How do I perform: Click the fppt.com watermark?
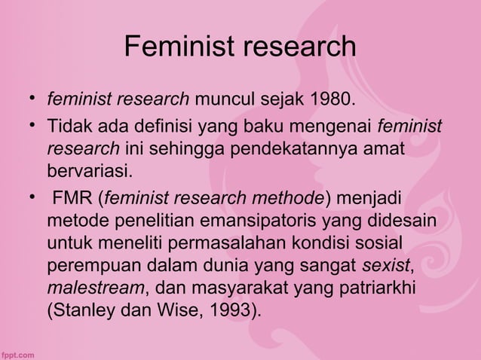(x=17, y=352)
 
